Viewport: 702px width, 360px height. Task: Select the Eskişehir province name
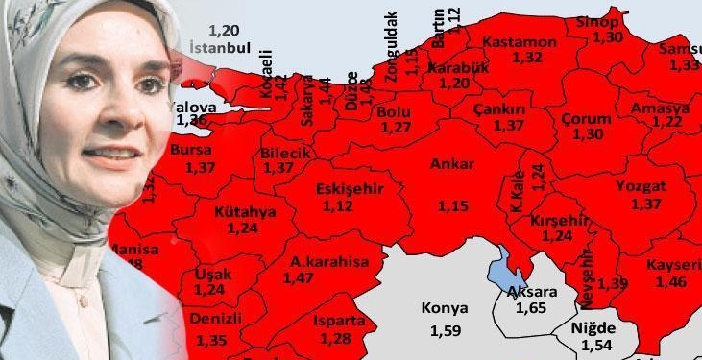[x=350, y=188]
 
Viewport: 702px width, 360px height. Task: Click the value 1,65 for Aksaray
[x=530, y=308]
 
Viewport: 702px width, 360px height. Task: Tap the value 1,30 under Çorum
[x=588, y=133]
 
